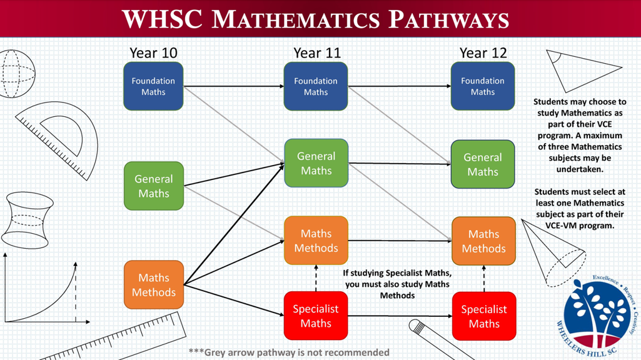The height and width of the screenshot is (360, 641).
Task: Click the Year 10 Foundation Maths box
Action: [x=153, y=86]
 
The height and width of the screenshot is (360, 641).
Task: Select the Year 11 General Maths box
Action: [x=316, y=163]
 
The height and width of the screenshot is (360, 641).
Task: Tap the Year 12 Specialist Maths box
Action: [x=484, y=316]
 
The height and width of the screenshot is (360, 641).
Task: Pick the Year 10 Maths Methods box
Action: [x=154, y=284]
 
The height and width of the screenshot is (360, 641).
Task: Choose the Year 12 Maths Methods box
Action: [x=483, y=241]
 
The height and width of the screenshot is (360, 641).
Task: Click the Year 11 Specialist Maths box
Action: [x=316, y=316]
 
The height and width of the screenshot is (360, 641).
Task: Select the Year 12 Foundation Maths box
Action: [x=483, y=86]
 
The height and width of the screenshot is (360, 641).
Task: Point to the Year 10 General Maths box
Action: [x=154, y=186]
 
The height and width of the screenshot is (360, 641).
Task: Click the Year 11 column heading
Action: [x=317, y=52]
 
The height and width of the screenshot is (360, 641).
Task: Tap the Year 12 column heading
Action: [x=483, y=52]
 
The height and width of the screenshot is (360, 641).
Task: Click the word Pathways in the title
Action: [x=448, y=19]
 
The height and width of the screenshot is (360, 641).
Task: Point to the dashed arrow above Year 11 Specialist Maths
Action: [x=316, y=278]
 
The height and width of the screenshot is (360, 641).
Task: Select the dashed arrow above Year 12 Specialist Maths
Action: [x=484, y=278]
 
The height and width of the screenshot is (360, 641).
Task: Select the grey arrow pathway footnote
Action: [x=289, y=352]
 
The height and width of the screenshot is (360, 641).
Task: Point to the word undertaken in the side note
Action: [x=580, y=169]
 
